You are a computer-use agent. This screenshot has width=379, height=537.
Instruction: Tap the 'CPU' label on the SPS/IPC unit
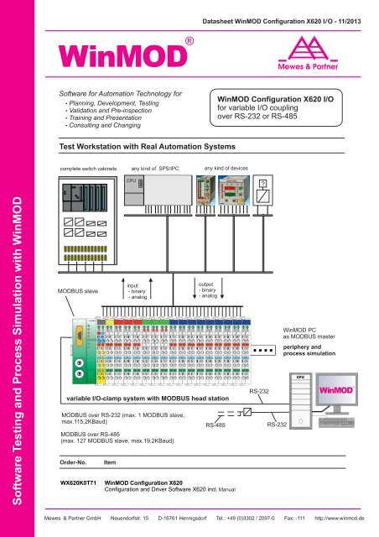[x=132, y=179]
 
